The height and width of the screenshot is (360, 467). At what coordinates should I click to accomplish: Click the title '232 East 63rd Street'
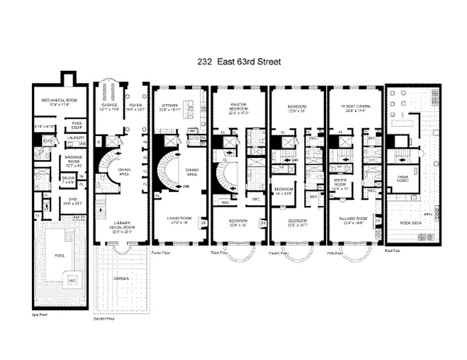[239, 62]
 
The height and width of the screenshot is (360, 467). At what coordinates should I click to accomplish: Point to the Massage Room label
[72, 157]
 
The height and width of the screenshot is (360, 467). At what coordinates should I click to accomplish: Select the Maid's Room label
[342, 181]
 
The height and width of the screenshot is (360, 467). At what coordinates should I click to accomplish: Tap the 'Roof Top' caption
[393, 250]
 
